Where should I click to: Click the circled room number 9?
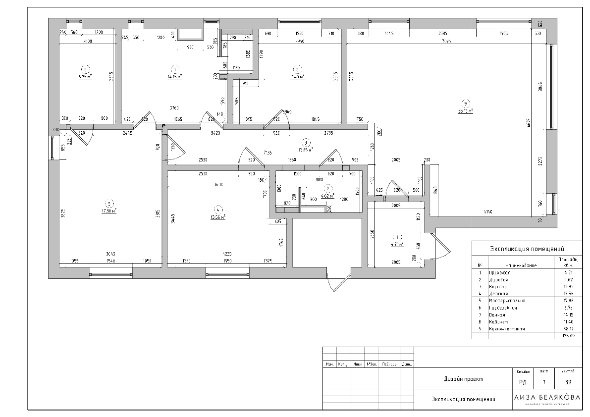pos(465,103)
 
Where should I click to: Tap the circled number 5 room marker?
pos(109,203)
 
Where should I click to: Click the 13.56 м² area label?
pos(218,216)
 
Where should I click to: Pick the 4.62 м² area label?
pos(328,196)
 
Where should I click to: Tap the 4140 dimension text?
pos(488,212)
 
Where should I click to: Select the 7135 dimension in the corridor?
pos(268,153)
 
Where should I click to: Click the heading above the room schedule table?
pos(527,249)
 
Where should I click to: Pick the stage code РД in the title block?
pos(522,381)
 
